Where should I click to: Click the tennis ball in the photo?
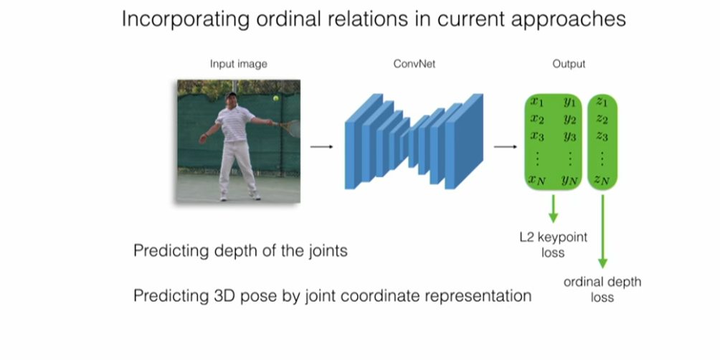pyautogui.click(x=274, y=98)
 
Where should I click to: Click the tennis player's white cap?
pyautogui.click(x=230, y=95)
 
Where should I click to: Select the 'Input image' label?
pyautogui.click(x=239, y=64)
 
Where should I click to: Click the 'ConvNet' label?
pyautogui.click(x=415, y=64)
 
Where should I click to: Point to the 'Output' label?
pyautogui.click(x=569, y=64)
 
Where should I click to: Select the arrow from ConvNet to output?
pyautogui.click(x=506, y=147)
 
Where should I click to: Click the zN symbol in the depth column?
pyautogui.click(x=602, y=180)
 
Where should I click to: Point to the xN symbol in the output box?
pyautogui.click(x=537, y=180)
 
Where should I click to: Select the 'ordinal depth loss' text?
pyautogui.click(x=602, y=289)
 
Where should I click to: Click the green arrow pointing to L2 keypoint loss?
pyautogui.click(x=553, y=208)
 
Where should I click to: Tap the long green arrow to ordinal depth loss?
pyautogui.click(x=602, y=229)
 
